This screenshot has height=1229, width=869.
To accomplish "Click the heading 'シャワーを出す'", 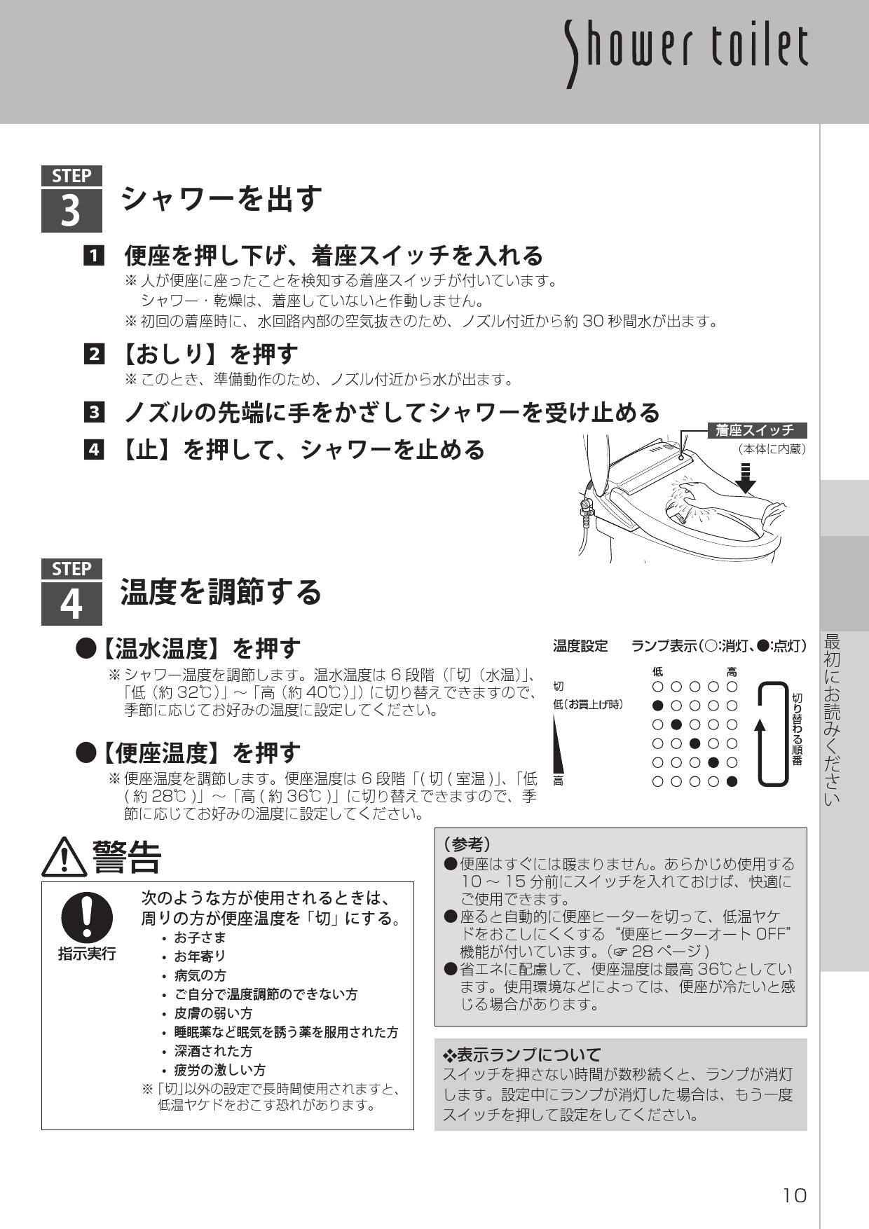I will (221, 199).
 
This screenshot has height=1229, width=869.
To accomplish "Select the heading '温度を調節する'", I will (221, 592).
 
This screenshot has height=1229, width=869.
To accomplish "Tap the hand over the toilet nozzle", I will (690, 499).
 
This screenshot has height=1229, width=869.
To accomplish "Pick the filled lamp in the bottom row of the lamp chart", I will (732, 782).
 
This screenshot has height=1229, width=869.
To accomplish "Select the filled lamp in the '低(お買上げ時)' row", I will (657, 706).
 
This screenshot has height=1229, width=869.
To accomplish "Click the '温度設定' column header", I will (580, 646).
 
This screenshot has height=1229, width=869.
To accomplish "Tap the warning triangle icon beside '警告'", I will (64, 857).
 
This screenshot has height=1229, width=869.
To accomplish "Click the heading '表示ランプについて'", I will (522, 1055).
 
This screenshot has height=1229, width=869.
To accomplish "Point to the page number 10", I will (795, 1195).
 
